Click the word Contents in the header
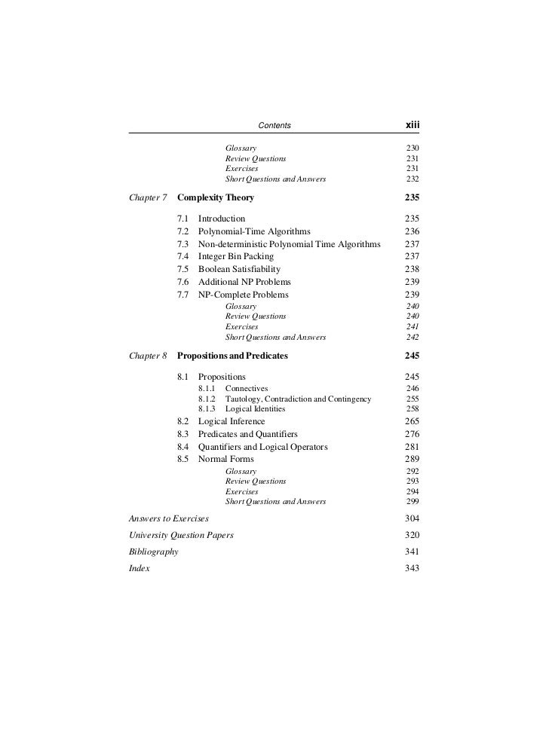[274, 125]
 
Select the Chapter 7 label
[149, 198]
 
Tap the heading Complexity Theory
[216, 198]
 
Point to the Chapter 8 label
[149, 356]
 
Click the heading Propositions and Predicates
[232, 356]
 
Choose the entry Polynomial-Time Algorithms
[254, 231]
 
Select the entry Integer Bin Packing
[236, 257]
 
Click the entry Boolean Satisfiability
[239, 270]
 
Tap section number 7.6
[182, 282]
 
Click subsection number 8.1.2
[207, 399]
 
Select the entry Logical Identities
[255, 409]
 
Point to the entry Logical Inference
[232, 422]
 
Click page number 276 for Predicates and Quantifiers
[412, 434]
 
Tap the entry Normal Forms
[225, 459]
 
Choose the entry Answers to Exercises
[169, 518]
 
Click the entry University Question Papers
[182, 535]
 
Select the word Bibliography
[154, 552]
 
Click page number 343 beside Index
[412, 568]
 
